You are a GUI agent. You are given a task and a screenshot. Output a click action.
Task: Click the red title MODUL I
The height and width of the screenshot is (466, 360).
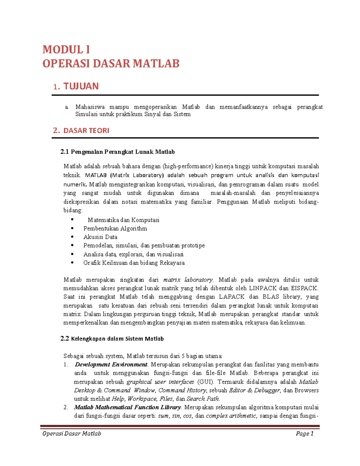pos(66,50)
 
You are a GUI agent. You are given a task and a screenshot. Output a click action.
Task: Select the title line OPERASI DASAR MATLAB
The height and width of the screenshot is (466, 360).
pos(111,64)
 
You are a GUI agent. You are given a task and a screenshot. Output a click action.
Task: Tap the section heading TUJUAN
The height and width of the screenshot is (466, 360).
pos(81,86)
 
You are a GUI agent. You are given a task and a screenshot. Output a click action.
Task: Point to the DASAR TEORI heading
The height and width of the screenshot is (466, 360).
pos(86,131)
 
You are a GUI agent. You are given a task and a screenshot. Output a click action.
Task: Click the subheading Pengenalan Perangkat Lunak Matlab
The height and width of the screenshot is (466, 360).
pos(122,152)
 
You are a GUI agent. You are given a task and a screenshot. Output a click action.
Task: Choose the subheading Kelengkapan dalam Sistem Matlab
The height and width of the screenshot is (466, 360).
pos(117,339)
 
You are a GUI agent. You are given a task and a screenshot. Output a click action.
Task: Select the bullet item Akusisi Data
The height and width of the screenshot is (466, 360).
pos(100,237)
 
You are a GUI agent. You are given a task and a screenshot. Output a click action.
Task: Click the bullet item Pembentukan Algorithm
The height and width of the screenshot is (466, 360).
pos(115,229)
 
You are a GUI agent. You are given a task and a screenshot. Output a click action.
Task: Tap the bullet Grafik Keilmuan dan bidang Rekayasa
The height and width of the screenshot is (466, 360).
pos(134,263)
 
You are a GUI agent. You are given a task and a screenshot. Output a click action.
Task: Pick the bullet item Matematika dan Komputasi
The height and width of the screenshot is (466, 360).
pos(123,220)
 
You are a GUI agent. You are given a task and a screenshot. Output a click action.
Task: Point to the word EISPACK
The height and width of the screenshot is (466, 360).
pos(304,288)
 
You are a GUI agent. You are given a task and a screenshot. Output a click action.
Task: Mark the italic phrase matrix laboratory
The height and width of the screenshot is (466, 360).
pos(188,280)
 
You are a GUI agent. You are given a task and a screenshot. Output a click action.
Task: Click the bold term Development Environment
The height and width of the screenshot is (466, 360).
pos(111,365)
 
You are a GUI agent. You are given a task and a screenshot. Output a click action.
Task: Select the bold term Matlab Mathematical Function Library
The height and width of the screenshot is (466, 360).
pos(127,407)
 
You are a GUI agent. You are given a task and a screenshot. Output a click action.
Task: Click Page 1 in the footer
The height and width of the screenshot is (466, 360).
pos(304,434)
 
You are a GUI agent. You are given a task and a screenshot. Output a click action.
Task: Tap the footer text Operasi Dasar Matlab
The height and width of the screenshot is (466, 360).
pos(72,434)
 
